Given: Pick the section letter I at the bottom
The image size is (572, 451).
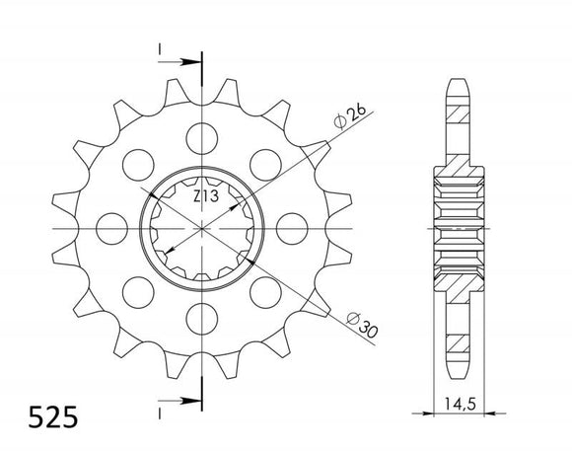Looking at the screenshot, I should [158, 406].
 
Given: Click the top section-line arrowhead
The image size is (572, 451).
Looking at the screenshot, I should [194, 60].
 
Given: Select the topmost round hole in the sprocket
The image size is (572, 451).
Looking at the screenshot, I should [201, 134].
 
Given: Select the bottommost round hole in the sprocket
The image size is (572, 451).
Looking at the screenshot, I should [201, 320].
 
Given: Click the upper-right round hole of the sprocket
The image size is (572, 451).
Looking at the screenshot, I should [266, 162].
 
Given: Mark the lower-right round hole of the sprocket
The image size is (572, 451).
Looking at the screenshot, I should [266, 292].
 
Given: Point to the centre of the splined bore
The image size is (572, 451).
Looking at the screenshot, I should [201, 227].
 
